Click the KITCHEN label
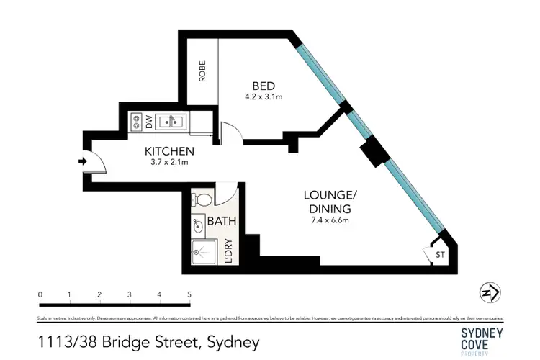pyautogui.click(x=170, y=151)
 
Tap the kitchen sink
pyautogui.click(x=171, y=122)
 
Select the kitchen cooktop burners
pyautogui.click(x=136, y=122)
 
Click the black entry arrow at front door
pyautogui.click(x=83, y=161)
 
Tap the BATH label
pyautogui.click(x=222, y=222)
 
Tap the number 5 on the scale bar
pyautogui.click(x=189, y=294)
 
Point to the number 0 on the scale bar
pyautogui.click(x=40, y=294)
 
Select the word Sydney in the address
pyautogui.click(x=233, y=341)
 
